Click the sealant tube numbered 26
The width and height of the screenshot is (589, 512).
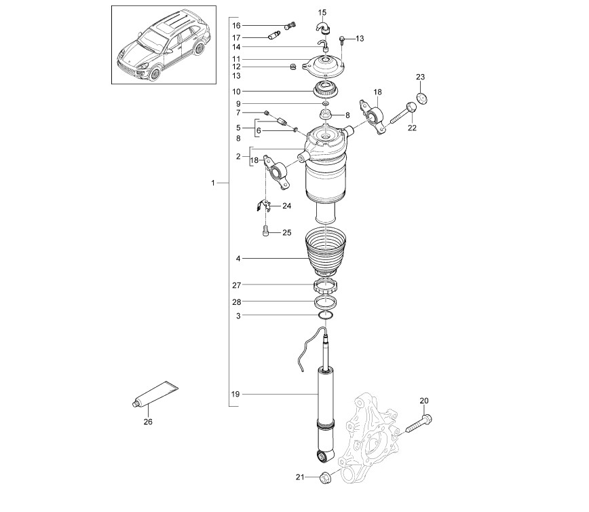pyautogui.click(x=155, y=395)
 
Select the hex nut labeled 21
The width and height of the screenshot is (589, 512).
pyautogui.click(x=324, y=478)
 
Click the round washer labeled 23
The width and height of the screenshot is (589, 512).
pyautogui.click(x=423, y=98)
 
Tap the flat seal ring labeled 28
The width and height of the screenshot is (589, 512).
pyautogui.click(x=325, y=302)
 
